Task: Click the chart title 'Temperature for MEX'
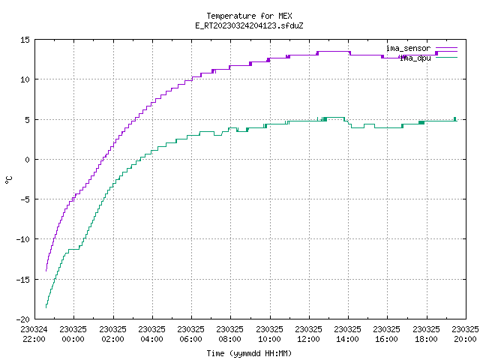point(249,16)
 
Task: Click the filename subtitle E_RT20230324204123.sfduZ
point(249,25)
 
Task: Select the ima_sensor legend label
point(408,48)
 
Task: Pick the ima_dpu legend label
point(415,58)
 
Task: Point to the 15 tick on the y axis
point(25,40)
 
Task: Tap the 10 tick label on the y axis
point(25,79)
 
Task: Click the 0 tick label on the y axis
point(28,160)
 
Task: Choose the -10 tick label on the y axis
point(23,239)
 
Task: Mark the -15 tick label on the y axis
point(23,280)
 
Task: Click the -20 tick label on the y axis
point(23,319)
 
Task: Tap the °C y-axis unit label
point(8,180)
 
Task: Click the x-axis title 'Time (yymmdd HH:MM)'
point(249,353)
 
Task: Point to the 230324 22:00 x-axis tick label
point(34,334)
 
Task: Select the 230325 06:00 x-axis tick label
point(190,334)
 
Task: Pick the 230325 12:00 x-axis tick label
point(308,334)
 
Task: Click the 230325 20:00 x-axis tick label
point(465,334)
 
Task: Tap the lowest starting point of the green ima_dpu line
point(46,307)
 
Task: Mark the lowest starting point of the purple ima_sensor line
point(46,271)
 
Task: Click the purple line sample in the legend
point(447,48)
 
